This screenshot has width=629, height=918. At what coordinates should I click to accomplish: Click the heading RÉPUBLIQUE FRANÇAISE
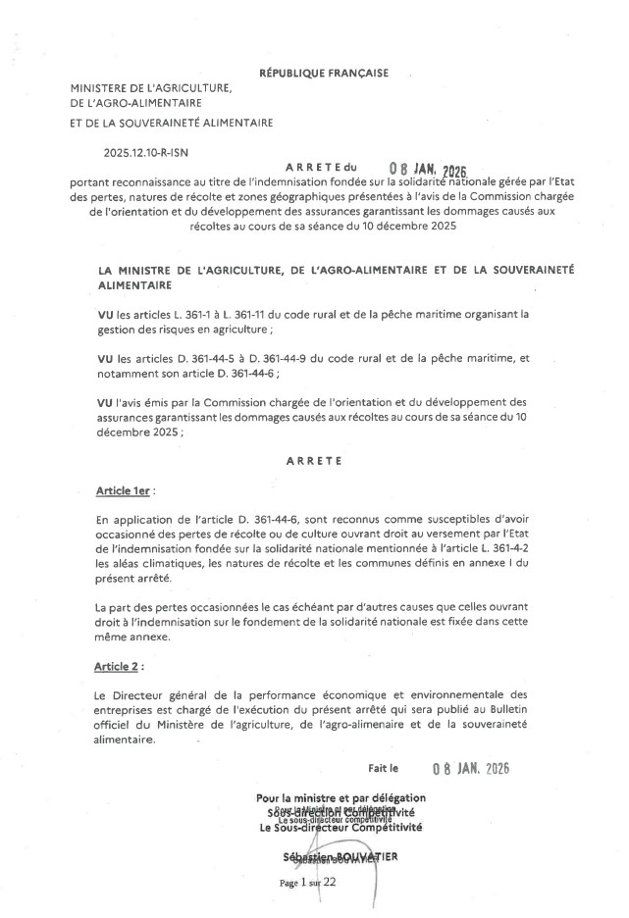324,73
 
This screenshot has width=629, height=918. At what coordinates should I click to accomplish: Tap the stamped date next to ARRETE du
433,169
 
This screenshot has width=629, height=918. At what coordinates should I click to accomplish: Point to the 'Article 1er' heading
125,488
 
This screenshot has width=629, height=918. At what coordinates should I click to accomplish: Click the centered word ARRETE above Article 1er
314,458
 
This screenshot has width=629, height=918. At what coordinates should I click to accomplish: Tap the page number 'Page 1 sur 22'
307,882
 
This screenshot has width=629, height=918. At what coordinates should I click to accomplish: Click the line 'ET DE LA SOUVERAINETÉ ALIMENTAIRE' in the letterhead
172,123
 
